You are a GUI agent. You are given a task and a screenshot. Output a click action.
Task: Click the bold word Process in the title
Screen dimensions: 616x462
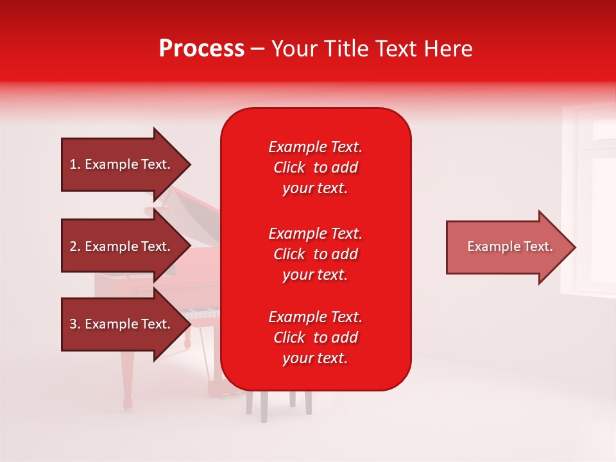click(202, 48)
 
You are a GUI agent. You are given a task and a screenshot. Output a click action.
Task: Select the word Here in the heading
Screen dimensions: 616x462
click(449, 48)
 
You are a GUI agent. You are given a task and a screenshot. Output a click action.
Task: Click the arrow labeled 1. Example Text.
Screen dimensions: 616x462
click(126, 164)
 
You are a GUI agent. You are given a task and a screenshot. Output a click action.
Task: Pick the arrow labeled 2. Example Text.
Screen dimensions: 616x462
click(126, 246)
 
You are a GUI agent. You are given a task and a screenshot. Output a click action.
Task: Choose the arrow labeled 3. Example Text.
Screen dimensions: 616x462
click(126, 324)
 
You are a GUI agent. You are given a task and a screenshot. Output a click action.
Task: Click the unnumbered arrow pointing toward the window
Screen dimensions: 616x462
click(511, 247)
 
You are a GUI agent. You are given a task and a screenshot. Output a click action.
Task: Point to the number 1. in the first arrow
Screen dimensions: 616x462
click(75, 164)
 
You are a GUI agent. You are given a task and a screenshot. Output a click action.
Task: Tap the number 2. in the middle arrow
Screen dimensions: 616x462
click(75, 246)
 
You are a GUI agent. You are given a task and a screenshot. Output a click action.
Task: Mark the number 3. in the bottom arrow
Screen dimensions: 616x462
click(75, 324)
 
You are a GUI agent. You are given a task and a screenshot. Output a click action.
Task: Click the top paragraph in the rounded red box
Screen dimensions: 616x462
click(316, 167)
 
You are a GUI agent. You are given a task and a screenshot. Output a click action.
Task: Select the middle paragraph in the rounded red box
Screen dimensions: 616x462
click(316, 254)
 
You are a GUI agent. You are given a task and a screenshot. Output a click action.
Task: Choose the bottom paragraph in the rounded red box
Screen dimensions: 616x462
click(316, 338)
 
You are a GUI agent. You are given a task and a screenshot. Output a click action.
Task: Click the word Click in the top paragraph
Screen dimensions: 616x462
click(289, 167)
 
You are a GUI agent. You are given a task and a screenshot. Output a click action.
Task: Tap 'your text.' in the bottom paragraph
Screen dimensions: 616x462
click(315, 358)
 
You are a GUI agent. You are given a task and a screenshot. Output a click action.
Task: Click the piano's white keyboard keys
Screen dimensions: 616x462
click(200, 313)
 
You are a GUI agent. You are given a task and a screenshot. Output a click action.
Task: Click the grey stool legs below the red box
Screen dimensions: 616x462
click(279, 406)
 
